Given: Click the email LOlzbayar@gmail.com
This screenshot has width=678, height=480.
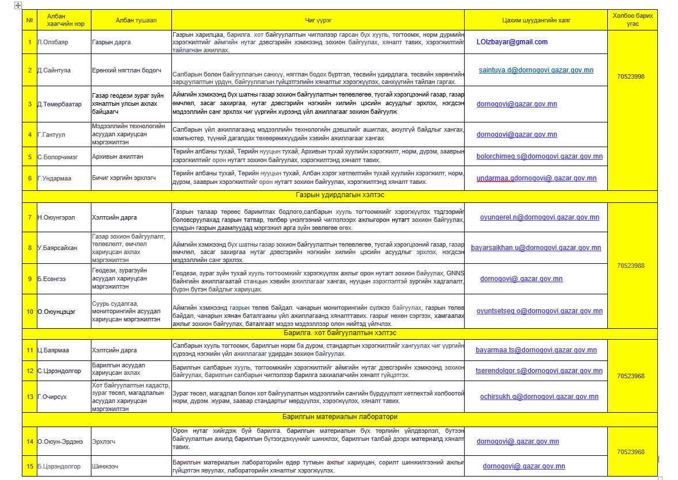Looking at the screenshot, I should click(x=512, y=42).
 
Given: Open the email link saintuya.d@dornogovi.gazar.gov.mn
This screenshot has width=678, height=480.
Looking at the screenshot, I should click(x=536, y=70).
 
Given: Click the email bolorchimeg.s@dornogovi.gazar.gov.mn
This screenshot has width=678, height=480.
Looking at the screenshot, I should click(x=539, y=156).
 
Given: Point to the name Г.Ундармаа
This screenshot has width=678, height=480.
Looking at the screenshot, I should click(x=55, y=178).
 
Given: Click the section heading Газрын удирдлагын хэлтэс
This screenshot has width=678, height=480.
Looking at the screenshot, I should click(x=340, y=195).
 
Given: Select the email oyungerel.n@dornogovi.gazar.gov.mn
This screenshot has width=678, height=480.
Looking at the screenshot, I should click(x=539, y=217).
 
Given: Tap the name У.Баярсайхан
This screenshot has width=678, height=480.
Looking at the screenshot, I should click(x=57, y=248).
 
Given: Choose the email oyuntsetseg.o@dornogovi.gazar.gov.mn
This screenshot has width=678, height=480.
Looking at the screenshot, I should click(x=539, y=310).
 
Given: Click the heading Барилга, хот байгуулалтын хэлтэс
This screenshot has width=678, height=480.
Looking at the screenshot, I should click(x=340, y=333).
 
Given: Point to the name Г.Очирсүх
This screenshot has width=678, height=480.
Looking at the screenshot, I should click(x=52, y=397).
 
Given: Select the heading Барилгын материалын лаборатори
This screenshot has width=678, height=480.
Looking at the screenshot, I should click(x=340, y=417).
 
